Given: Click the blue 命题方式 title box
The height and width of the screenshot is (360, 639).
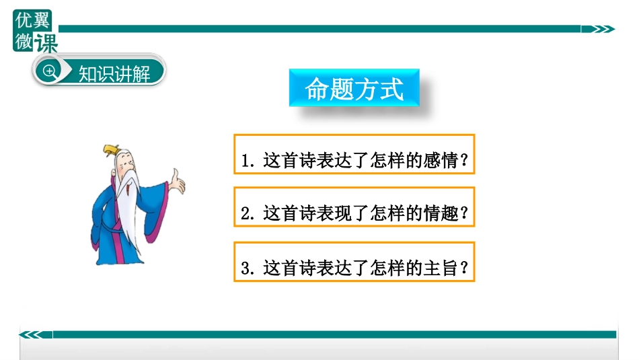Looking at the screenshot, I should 354,88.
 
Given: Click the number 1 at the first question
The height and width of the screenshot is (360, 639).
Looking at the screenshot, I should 246,162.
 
